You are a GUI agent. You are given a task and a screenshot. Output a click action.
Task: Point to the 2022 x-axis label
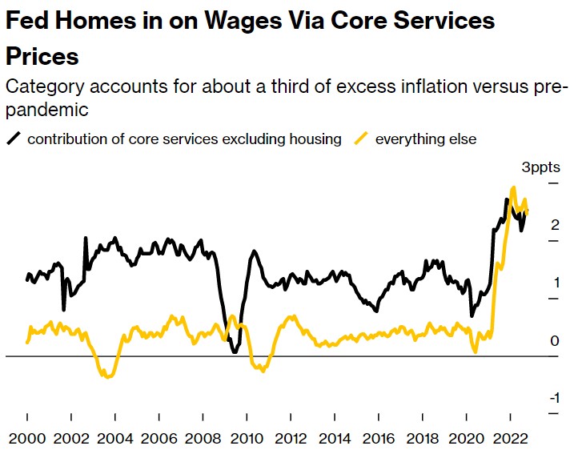click(x=512, y=440)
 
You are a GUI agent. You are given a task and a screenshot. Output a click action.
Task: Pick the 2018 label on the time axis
click(x=423, y=440)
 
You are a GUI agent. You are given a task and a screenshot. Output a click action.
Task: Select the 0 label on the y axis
click(x=554, y=341)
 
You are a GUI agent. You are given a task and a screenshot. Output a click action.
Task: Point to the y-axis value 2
click(x=554, y=226)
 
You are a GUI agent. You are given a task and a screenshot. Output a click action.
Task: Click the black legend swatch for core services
click(x=14, y=139)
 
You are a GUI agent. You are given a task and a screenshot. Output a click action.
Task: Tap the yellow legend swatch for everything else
click(x=361, y=139)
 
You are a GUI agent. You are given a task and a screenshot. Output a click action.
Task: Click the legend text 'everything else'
click(x=426, y=139)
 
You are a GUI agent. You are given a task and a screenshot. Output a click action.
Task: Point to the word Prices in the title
click(x=42, y=56)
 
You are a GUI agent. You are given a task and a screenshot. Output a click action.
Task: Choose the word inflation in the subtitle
click(x=390, y=86)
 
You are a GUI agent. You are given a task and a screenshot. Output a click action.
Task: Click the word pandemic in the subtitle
click(x=43, y=108)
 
